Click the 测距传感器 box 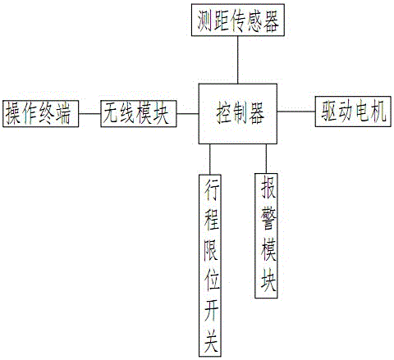click(238, 20)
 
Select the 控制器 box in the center click(238, 114)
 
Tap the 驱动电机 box click(353, 112)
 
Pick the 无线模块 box click(139, 114)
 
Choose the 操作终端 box click(41, 114)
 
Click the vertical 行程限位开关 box click(210, 266)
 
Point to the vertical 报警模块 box click(266, 235)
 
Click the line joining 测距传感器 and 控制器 click(238, 60)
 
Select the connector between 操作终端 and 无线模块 click(89, 114)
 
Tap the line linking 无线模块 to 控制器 click(188, 114)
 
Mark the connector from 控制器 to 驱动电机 click(296, 112)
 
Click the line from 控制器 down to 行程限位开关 click(210, 159)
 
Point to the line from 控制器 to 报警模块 click(266, 158)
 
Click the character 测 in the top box click(205, 21)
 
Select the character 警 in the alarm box click(268, 218)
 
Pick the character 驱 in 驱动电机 click(329, 112)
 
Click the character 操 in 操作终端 click(13, 114)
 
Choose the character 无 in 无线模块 click(111, 113)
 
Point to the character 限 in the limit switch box click(211, 251)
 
